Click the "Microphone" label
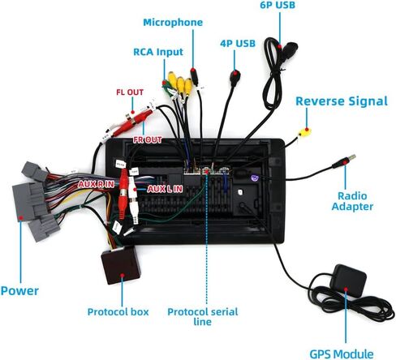click(x=173, y=23)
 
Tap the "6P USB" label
click(x=278, y=5)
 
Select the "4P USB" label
click(x=238, y=44)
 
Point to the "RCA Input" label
click(x=158, y=52)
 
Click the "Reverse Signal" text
click(x=342, y=101)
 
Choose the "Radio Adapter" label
click(x=352, y=201)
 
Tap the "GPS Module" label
click(x=342, y=354)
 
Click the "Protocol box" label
click(x=118, y=312)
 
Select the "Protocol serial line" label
click(x=203, y=316)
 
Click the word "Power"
click(x=19, y=291)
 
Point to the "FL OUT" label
click(x=130, y=92)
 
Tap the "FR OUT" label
click(x=148, y=139)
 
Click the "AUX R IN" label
click(x=97, y=184)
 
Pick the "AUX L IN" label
click(x=165, y=189)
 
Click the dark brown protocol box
click(x=121, y=265)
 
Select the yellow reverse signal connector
click(x=304, y=132)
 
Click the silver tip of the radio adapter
click(x=352, y=157)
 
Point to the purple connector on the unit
click(x=255, y=178)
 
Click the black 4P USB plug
click(x=235, y=77)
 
